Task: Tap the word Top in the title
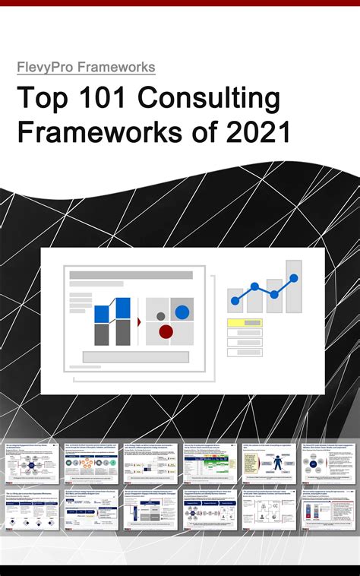[x=41, y=100]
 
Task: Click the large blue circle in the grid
[x=182, y=312]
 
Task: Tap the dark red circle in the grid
[x=166, y=331]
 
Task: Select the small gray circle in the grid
[x=160, y=315]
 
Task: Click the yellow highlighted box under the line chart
[x=245, y=323]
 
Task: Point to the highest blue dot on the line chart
[x=294, y=278]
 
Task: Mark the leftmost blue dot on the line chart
[x=235, y=301]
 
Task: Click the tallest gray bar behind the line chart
[x=294, y=286]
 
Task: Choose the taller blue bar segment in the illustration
[x=122, y=308]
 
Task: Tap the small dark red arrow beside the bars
[x=138, y=322]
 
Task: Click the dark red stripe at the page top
[x=180, y=3]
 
